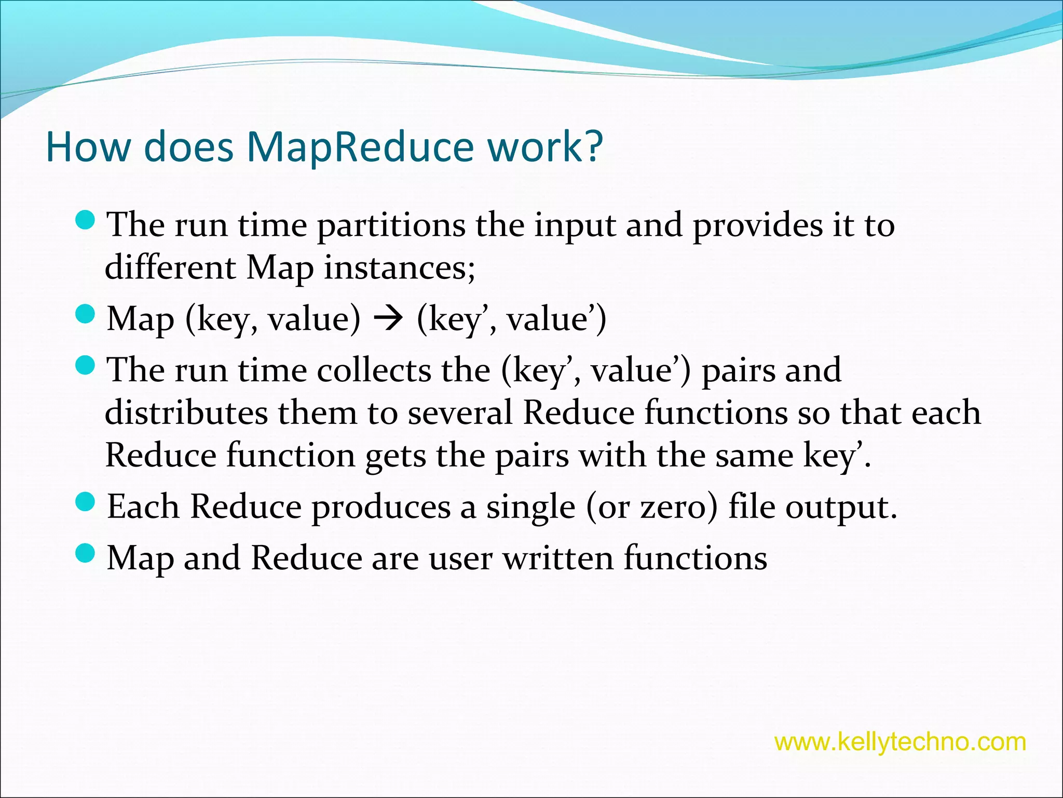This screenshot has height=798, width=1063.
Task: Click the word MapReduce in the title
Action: pyautogui.click(x=360, y=147)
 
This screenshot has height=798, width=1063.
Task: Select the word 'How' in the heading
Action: pyautogui.click(x=88, y=147)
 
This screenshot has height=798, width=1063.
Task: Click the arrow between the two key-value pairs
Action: pyautogui.click(x=388, y=320)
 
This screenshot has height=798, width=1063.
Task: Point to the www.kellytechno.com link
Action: pyautogui.click(x=900, y=742)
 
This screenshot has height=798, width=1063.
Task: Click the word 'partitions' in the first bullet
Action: pyautogui.click(x=391, y=227)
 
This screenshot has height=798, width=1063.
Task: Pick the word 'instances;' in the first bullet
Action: pyautogui.click(x=400, y=269)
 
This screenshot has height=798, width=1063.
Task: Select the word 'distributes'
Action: pyautogui.click(x=186, y=413)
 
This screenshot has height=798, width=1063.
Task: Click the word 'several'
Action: pyautogui.click(x=460, y=413)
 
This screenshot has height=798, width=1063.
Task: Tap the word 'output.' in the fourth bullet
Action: pyautogui.click(x=841, y=508)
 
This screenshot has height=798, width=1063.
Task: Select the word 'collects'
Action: pyautogui.click(x=374, y=370)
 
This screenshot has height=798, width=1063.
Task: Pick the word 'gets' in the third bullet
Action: pyautogui.click(x=396, y=457)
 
